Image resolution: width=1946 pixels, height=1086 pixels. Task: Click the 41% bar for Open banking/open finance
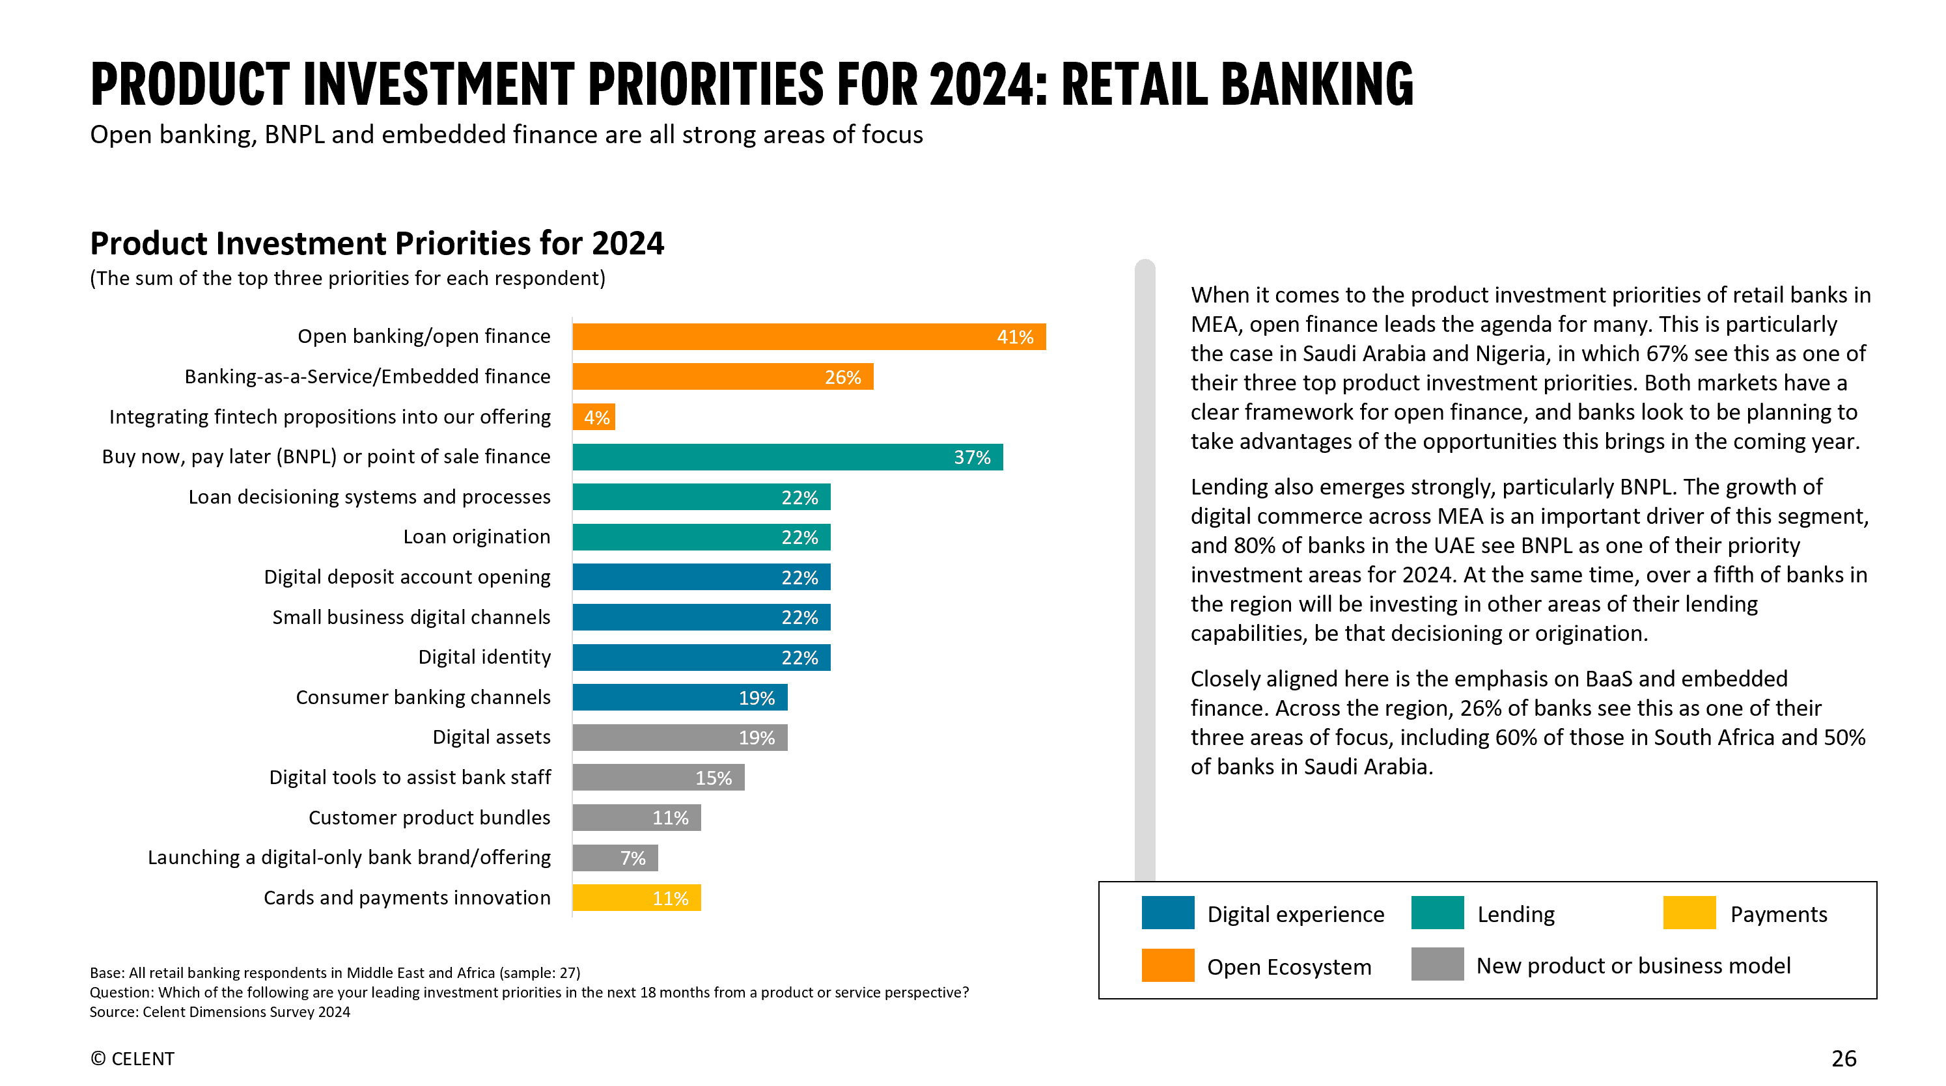click(809, 337)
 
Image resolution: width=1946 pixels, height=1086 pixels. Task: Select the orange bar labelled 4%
click(594, 417)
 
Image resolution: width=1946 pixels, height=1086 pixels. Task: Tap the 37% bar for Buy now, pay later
click(787, 457)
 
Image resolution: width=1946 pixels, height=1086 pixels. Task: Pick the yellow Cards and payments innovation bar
click(636, 898)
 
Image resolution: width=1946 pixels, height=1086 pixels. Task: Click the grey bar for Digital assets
click(679, 738)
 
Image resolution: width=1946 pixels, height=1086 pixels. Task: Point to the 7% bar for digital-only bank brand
click(615, 858)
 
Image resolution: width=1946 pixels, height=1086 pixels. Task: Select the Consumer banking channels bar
click(679, 698)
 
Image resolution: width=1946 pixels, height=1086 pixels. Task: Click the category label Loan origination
click(476, 537)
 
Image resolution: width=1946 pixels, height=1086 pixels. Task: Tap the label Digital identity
click(484, 657)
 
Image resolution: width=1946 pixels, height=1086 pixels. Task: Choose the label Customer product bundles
click(429, 818)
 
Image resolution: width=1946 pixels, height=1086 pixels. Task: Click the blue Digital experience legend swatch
click(1167, 913)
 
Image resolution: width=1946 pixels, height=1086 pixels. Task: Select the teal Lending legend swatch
click(1437, 913)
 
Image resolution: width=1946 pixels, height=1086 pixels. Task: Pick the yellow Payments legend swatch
click(1689, 913)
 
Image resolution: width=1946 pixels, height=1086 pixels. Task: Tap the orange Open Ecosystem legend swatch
click(1167, 966)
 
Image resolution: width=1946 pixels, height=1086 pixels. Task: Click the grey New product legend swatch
click(1437, 964)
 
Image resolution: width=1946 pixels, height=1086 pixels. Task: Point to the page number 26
click(1843, 1059)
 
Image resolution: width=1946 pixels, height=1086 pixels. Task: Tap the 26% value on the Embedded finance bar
click(842, 377)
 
